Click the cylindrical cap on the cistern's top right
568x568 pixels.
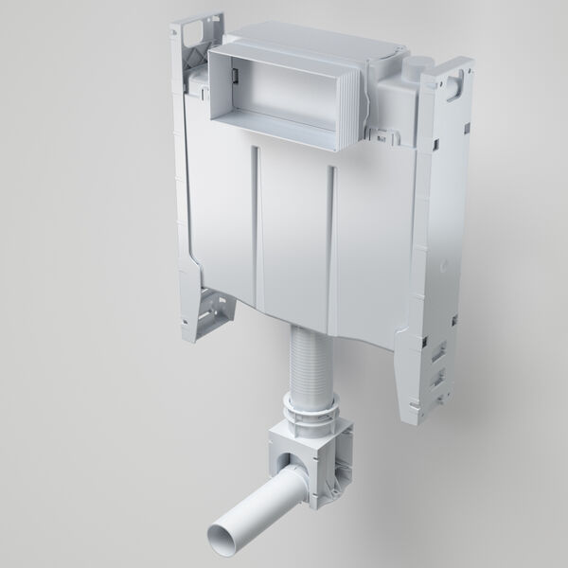click(416, 69)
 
